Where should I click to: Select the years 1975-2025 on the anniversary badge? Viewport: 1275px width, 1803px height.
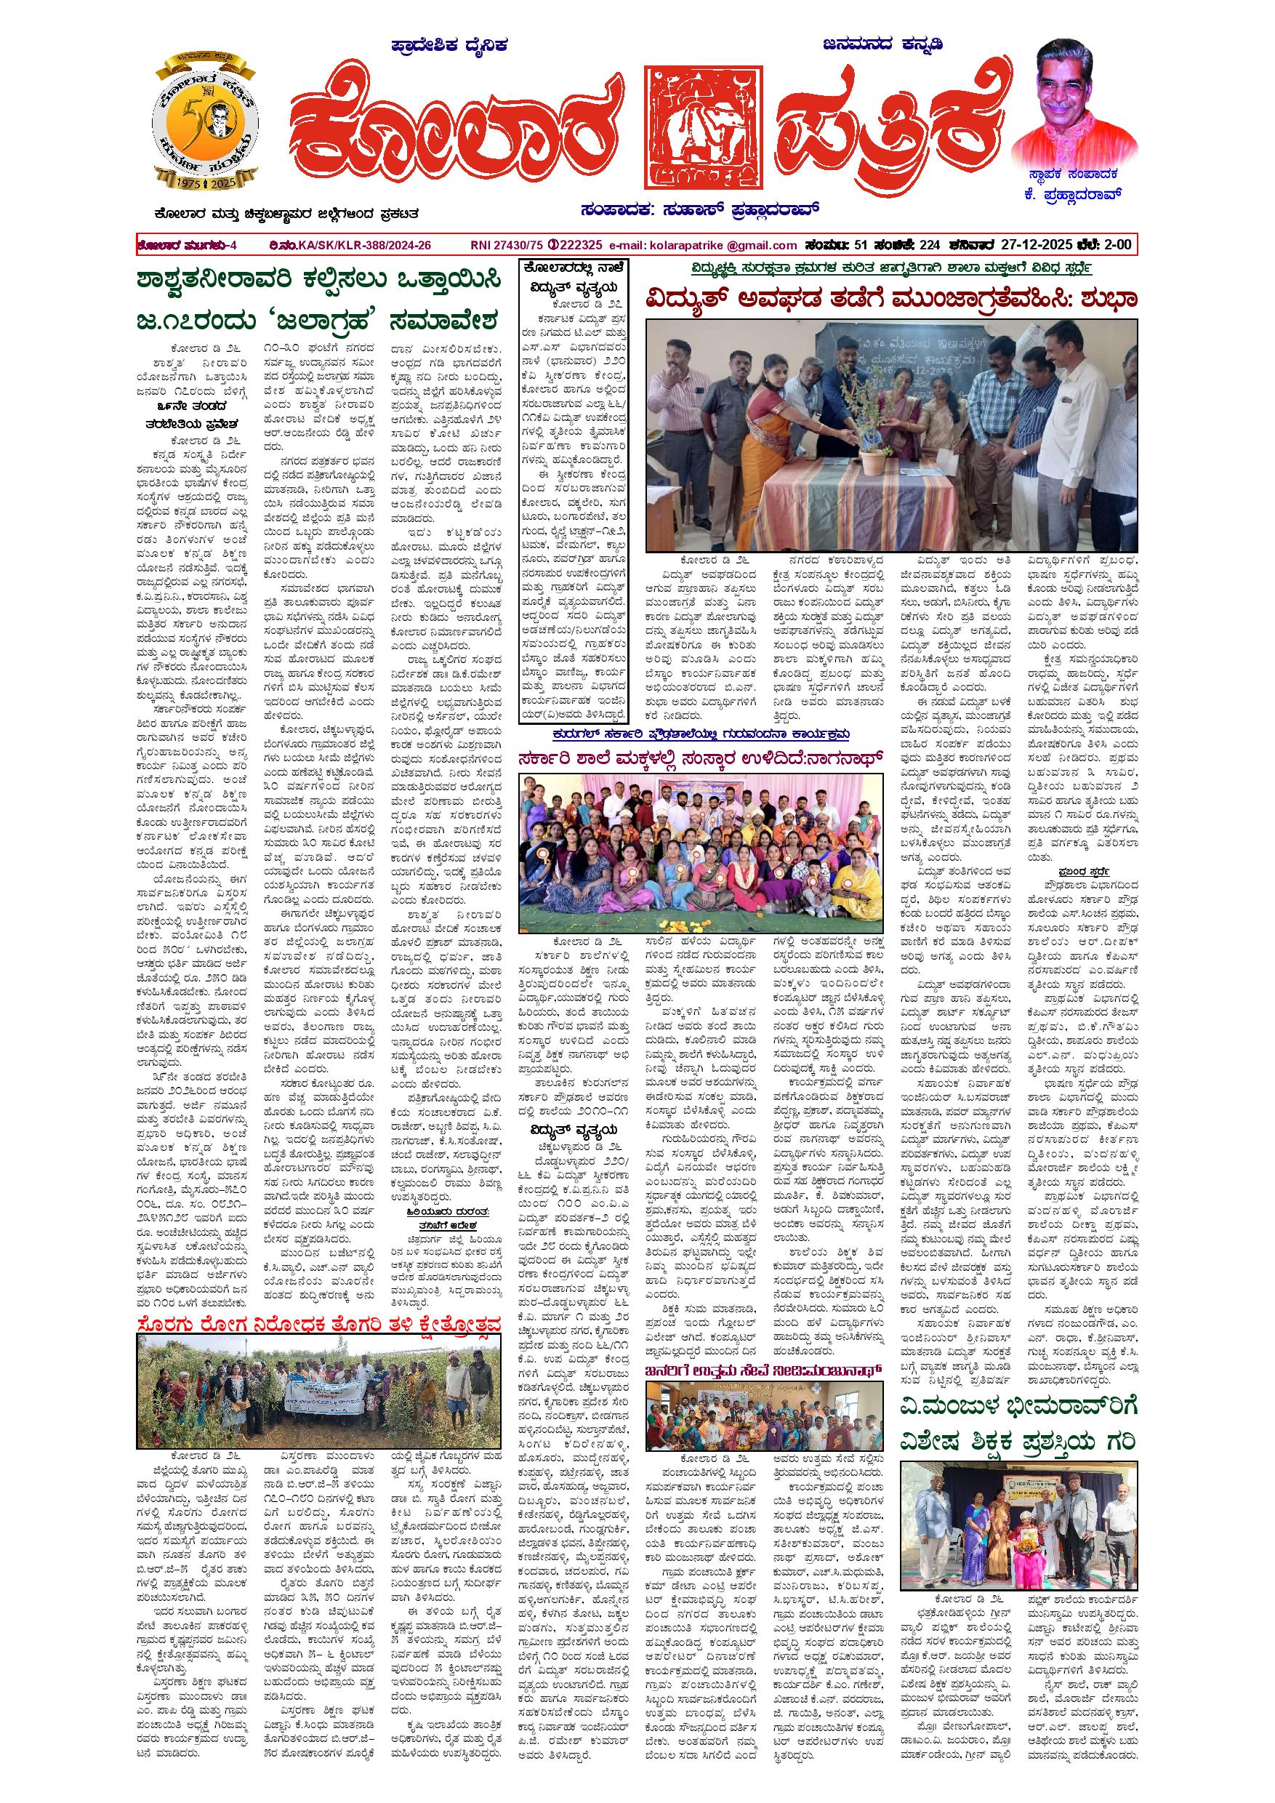pyautogui.click(x=204, y=182)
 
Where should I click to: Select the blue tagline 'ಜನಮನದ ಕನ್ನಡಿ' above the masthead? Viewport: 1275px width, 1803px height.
pyautogui.click(x=882, y=45)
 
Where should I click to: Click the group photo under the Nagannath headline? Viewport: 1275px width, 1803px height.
pyautogui.click(x=700, y=840)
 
